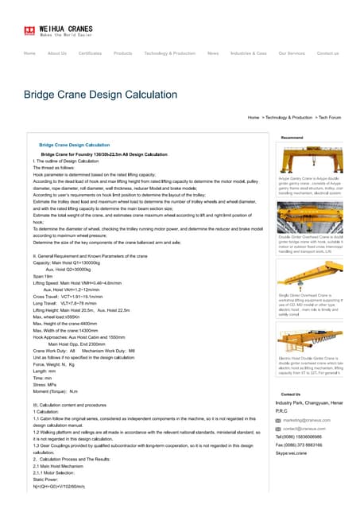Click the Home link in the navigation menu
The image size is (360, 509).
[x=29, y=53]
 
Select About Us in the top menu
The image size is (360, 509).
[x=56, y=53]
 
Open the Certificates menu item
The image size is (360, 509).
[x=90, y=53]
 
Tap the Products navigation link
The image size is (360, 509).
[x=122, y=53]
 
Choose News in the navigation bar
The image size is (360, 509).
[x=212, y=53]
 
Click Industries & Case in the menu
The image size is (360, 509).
[x=248, y=53]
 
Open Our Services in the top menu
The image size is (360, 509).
[x=291, y=53]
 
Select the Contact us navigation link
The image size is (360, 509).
[x=327, y=53]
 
